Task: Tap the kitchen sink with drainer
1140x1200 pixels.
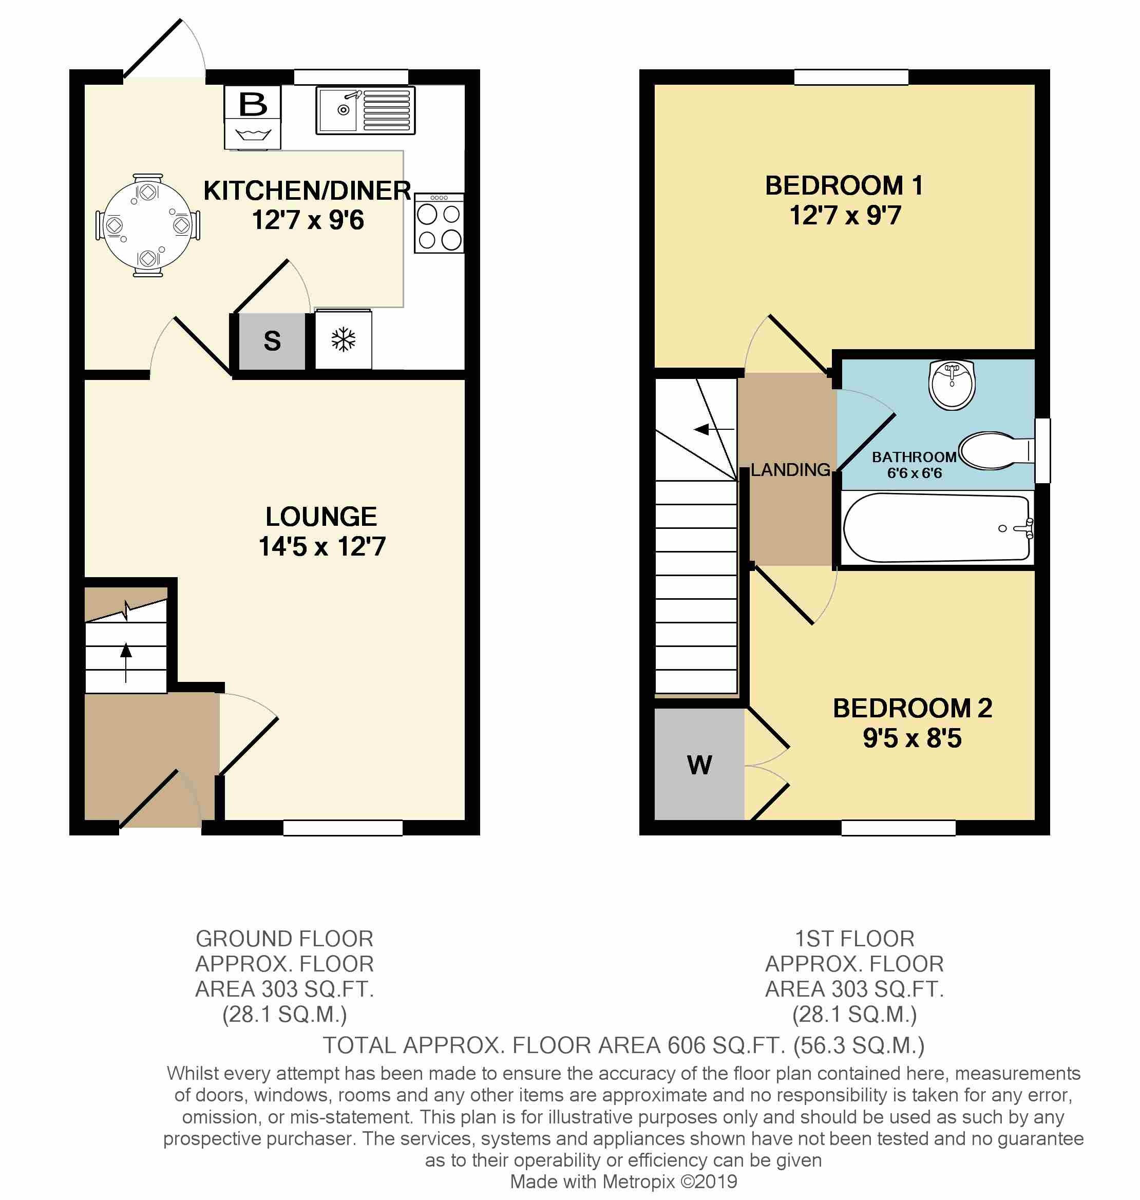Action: pyautogui.click(x=365, y=110)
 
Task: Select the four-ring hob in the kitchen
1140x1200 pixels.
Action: pyautogui.click(x=439, y=223)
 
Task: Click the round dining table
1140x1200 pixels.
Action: pyautogui.click(x=148, y=225)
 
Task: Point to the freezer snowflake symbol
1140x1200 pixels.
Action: pyautogui.click(x=344, y=339)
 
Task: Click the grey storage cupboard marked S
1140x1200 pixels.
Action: pyautogui.click(x=272, y=341)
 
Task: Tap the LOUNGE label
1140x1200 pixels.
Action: pyautogui.click(x=321, y=517)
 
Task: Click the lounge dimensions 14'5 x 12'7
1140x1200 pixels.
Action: pyautogui.click(x=322, y=546)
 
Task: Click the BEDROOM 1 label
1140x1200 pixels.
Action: pyautogui.click(x=844, y=186)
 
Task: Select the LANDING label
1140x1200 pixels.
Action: pyautogui.click(x=790, y=470)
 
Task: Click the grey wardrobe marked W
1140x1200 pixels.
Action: pyautogui.click(x=699, y=765)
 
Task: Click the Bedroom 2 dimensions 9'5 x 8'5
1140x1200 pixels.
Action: pyautogui.click(x=912, y=738)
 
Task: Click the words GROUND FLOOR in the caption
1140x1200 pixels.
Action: pyautogui.click(x=284, y=939)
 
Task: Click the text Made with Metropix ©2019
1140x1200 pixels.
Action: pyautogui.click(x=623, y=1182)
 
